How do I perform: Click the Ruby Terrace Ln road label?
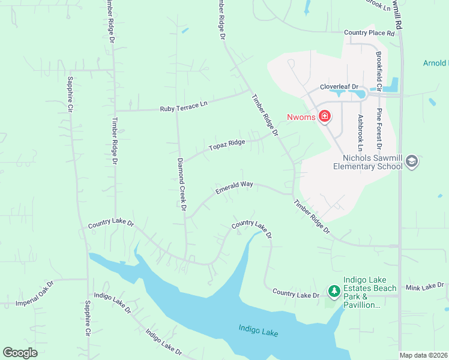(x=183, y=106)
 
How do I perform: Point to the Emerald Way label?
(x=234, y=188)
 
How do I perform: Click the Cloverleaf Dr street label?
(x=339, y=86)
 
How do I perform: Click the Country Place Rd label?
(x=369, y=33)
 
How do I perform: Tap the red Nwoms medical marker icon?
(x=325, y=116)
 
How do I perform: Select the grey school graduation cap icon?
(x=412, y=161)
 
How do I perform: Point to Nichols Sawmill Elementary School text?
(x=368, y=161)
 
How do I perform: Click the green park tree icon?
(x=334, y=292)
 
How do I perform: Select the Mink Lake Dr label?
(x=424, y=287)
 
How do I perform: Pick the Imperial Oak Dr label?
(x=35, y=292)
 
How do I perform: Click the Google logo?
(x=20, y=353)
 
